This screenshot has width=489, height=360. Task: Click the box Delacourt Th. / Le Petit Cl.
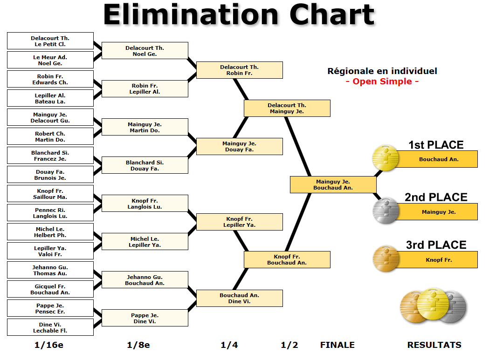point(50,41)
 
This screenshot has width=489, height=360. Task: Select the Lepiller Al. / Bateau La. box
point(50,98)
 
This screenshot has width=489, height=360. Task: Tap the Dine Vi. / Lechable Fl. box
point(50,327)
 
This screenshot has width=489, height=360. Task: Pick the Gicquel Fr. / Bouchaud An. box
point(50,289)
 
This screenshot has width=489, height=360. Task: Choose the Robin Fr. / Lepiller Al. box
point(145,89)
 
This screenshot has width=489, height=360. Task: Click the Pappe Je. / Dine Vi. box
point(145,318)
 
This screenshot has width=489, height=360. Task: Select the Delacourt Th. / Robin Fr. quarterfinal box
point(240,70)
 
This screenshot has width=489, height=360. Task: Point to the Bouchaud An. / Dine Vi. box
point(240,299)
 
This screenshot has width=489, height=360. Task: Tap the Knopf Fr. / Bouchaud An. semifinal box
point(287,260)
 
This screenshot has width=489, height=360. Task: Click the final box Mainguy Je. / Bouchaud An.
point(333,184)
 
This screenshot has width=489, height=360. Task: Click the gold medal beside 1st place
point(386,158)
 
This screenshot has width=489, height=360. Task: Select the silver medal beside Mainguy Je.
point(386,211)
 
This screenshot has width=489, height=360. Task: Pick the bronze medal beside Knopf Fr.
point(386,258)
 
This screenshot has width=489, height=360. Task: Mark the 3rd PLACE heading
point(436,245)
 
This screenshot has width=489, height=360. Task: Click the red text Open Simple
point(382,82)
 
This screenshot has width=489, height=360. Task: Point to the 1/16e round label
point(49,345)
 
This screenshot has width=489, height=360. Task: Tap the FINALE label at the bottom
point(337,345)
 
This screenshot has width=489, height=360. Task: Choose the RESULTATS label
point(434,345)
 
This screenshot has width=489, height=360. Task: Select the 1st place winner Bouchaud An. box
point(439,159)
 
